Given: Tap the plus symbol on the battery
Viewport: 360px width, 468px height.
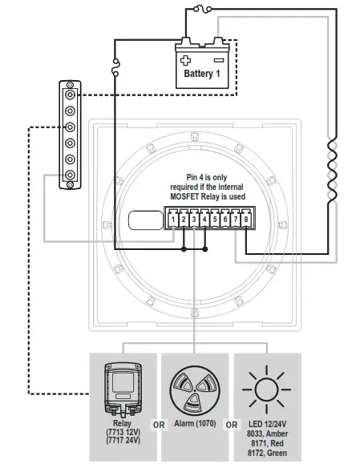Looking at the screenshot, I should pos(187,59).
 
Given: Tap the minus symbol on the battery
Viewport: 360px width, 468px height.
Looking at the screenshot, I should pos(218,59).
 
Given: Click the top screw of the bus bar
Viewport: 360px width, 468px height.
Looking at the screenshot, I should pos(71,91).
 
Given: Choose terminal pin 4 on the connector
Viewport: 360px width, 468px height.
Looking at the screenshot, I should pos(204,218).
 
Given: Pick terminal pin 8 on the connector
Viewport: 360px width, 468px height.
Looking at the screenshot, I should pos(246,218).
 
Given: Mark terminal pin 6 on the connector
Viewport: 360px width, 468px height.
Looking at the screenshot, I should pos(225,218).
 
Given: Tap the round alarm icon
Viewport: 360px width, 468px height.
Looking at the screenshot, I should pos(192,390).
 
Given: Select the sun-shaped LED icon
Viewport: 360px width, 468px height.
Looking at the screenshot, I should pos(267,389).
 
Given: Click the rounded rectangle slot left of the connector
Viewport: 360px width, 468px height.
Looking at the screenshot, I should pos(145,219).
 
